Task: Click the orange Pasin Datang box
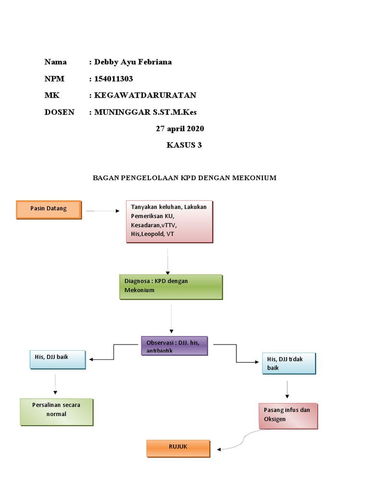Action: click(49, 209)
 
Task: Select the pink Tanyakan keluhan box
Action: click(169, 221)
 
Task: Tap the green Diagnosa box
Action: click(171, 287)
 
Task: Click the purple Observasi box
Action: click(174, 345)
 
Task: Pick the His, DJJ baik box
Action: click(57, 359)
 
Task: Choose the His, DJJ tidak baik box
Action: click(289, 363)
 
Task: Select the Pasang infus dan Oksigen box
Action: click(288, 416)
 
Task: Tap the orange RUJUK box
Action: click(178, 448)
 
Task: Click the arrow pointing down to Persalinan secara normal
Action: click(56, 384)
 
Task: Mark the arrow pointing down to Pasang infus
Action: click(287, 389)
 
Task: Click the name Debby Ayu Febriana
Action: click(133, 62)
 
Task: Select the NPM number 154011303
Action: click(114, 79)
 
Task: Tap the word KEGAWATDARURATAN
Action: click(145, 96)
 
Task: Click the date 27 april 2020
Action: click(180, 129)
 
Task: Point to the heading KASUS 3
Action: click(184, 146)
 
